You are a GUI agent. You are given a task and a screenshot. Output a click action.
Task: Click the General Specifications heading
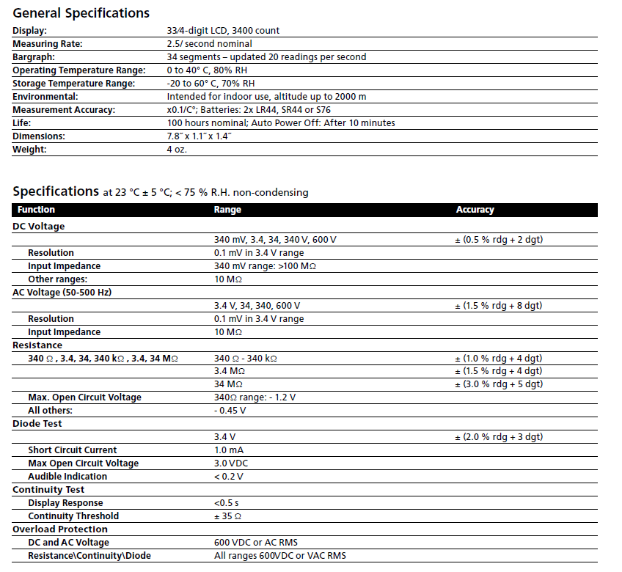point(81,12)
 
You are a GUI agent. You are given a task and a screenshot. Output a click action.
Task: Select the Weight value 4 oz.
point(177,150)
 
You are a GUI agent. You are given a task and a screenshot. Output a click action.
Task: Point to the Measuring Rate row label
point(48,44)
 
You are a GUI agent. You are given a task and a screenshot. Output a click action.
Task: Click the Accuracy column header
point(475,210)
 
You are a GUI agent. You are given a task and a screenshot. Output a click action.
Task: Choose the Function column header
point(37,210)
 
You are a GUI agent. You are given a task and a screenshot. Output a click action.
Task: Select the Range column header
point(227,210)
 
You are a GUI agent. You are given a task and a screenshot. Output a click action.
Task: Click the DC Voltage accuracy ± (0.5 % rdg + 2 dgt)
point(499,240)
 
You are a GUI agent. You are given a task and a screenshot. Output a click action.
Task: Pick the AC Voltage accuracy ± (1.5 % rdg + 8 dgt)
point(499,306)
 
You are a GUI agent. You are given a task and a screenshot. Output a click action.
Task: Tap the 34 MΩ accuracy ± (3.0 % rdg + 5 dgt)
point(499,384)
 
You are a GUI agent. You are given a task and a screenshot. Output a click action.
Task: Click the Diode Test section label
point(37,424)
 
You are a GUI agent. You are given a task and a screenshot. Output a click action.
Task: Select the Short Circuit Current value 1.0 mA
point(229,450)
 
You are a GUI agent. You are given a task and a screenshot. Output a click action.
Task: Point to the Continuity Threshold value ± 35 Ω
point(229,516)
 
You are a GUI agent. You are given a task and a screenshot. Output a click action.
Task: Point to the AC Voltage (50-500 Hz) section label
point(62,293)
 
